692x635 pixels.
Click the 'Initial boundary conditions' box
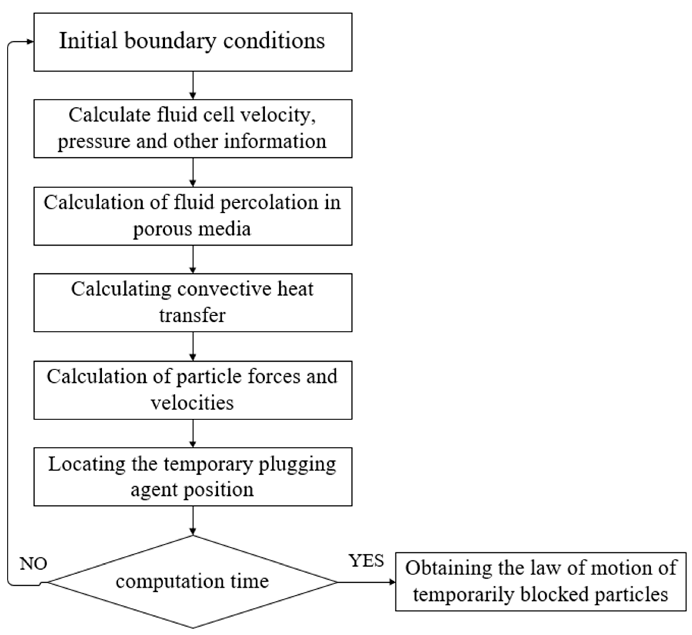coord(193,42)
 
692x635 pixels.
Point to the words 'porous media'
coord(192,229)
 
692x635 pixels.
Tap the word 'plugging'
coord(297,465)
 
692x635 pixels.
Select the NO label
coord(33,564)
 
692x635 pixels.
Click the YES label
coord(367,561)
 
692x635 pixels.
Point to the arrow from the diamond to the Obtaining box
coord(366,582)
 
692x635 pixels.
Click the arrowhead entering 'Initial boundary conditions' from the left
coord(30,42)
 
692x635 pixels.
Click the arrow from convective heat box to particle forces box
coord(193,346)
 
